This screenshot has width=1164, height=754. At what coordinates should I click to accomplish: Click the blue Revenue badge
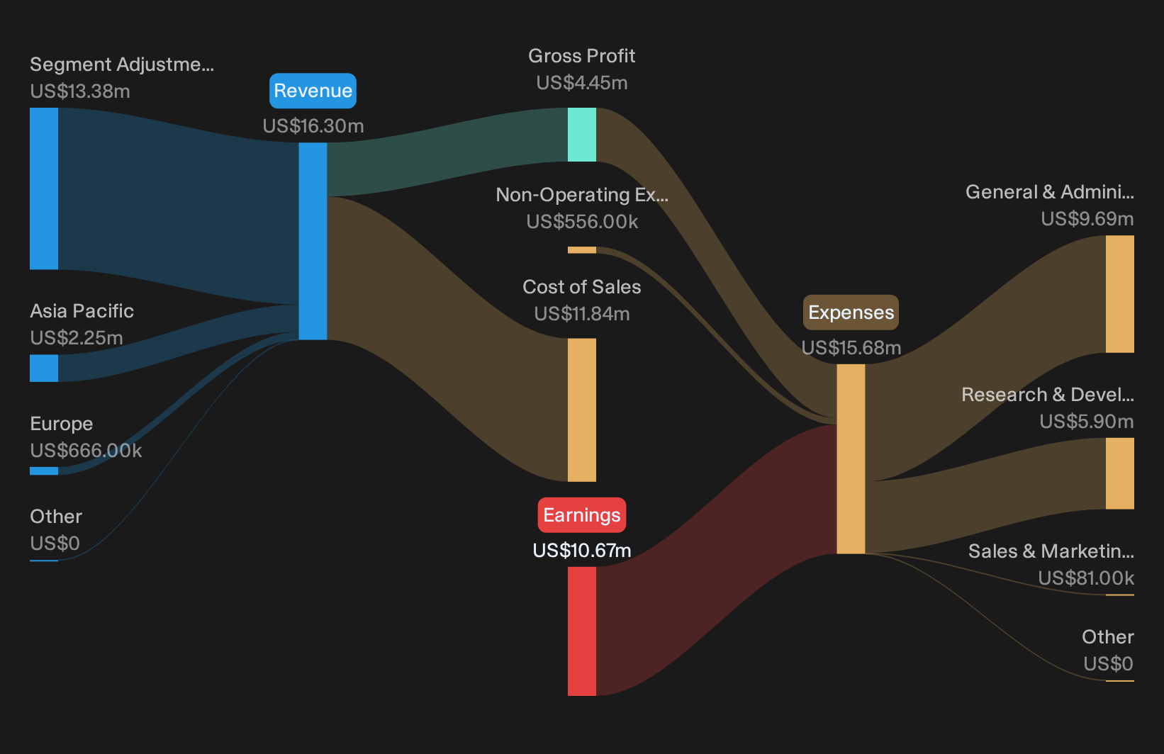313,91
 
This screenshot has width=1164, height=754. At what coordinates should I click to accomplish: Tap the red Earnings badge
581,515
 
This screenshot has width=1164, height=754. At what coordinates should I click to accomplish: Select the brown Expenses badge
851,313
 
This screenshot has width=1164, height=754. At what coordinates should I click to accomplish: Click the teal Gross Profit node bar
581,135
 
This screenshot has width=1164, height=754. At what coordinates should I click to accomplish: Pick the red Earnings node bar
581,631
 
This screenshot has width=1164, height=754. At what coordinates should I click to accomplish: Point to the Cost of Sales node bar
581,410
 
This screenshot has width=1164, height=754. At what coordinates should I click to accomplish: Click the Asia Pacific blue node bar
44,368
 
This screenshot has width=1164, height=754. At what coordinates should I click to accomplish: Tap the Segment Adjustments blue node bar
44,188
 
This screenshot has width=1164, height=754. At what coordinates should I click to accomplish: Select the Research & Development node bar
1120,473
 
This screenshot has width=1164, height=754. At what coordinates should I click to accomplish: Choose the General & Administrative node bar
1120,294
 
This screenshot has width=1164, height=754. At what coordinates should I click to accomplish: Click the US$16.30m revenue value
313,126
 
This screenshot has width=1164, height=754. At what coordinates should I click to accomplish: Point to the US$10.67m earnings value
582,551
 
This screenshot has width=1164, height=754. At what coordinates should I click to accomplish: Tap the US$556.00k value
582,222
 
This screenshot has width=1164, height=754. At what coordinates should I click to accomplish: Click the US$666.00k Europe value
86,451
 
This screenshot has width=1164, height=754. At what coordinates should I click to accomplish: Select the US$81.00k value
1086,578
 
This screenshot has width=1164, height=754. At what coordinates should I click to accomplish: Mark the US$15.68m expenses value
851,348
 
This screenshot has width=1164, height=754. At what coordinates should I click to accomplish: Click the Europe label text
61,424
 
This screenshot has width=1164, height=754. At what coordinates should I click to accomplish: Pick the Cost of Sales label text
582,287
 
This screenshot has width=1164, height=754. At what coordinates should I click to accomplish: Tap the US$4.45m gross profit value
582,83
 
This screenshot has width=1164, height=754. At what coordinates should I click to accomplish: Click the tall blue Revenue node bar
313,241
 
